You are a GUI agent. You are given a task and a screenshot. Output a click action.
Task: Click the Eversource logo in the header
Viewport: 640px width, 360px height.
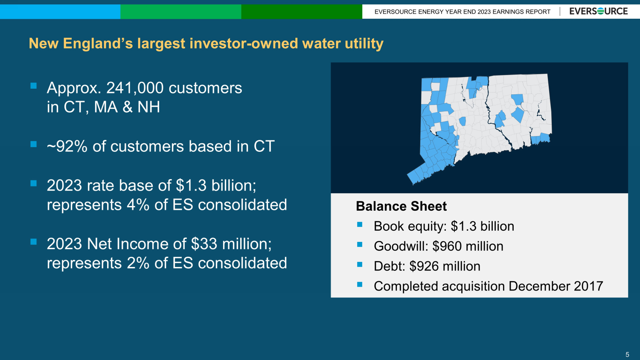[599, 12]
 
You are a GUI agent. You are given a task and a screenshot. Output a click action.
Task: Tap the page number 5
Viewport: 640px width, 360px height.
[627, 354]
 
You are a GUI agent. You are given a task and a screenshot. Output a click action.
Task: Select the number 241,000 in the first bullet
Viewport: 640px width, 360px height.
[135, 88]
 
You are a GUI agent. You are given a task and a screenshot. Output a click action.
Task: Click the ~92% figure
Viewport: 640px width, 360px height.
[67, 146]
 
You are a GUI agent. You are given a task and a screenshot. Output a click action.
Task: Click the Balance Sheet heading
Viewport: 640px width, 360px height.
[401, 206]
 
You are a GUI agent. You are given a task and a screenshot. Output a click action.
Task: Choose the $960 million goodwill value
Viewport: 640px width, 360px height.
[468, 246]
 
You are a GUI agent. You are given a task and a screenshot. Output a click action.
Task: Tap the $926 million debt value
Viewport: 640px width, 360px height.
[445, 266]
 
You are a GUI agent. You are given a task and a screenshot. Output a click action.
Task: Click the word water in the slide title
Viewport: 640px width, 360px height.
[321, 44]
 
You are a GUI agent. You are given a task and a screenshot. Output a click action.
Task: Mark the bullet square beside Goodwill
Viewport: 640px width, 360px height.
[360, 244]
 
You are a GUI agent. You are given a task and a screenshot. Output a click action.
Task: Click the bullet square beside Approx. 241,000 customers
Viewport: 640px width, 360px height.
[33, 86]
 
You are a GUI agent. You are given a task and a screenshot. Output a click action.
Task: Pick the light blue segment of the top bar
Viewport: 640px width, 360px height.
[60, 12]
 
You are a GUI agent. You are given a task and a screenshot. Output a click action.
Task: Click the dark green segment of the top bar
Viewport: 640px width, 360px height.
[302, 12]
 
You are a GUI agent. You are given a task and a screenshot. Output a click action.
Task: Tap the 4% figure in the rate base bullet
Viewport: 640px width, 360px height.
[138, 205]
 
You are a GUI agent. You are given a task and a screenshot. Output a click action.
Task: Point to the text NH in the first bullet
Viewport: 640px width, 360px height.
[148, 107]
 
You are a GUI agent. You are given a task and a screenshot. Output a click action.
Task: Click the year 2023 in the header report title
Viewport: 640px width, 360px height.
[476, 12]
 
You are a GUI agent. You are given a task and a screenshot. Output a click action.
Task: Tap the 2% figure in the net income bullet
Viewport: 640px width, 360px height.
[138, 263]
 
